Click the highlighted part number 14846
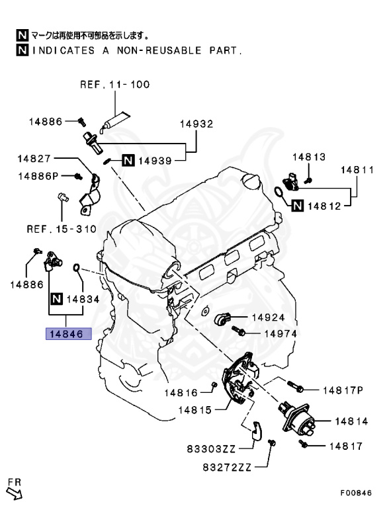tap(68, 333)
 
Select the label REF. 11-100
tap(115, 85)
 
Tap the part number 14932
tap(196, 124)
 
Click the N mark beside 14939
tap(128, 160)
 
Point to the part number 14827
tap(34, 159)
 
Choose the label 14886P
tap(38, 176)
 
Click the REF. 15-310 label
tap(62, 229)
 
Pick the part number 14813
tap(308, 157)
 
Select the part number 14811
tap(357, 170)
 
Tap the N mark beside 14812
tap(298, 206)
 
